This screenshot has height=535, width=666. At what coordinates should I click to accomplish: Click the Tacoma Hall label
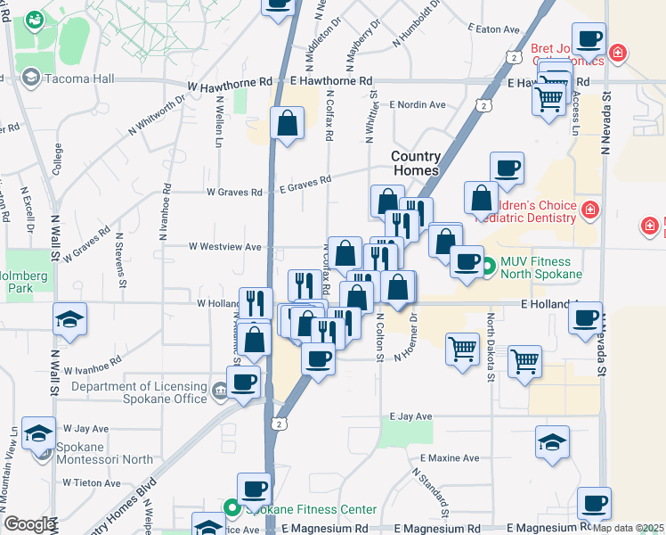81,78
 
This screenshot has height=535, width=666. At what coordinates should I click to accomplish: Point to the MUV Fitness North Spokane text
541,267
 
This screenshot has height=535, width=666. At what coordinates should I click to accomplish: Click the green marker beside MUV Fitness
488,266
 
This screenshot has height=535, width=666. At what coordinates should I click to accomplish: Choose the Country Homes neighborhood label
416,163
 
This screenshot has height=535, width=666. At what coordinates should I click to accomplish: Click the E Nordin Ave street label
416,104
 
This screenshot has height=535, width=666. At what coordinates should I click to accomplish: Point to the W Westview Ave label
224,246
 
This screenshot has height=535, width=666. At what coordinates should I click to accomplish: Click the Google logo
29,524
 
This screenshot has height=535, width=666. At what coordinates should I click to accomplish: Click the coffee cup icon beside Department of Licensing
243,383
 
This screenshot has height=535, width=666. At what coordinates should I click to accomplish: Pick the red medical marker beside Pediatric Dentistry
589,210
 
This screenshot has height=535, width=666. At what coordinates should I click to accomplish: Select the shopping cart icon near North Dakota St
524,361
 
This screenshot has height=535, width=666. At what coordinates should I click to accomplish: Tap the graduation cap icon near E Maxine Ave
552,440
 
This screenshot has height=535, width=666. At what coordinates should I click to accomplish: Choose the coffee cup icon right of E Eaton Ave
589,38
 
